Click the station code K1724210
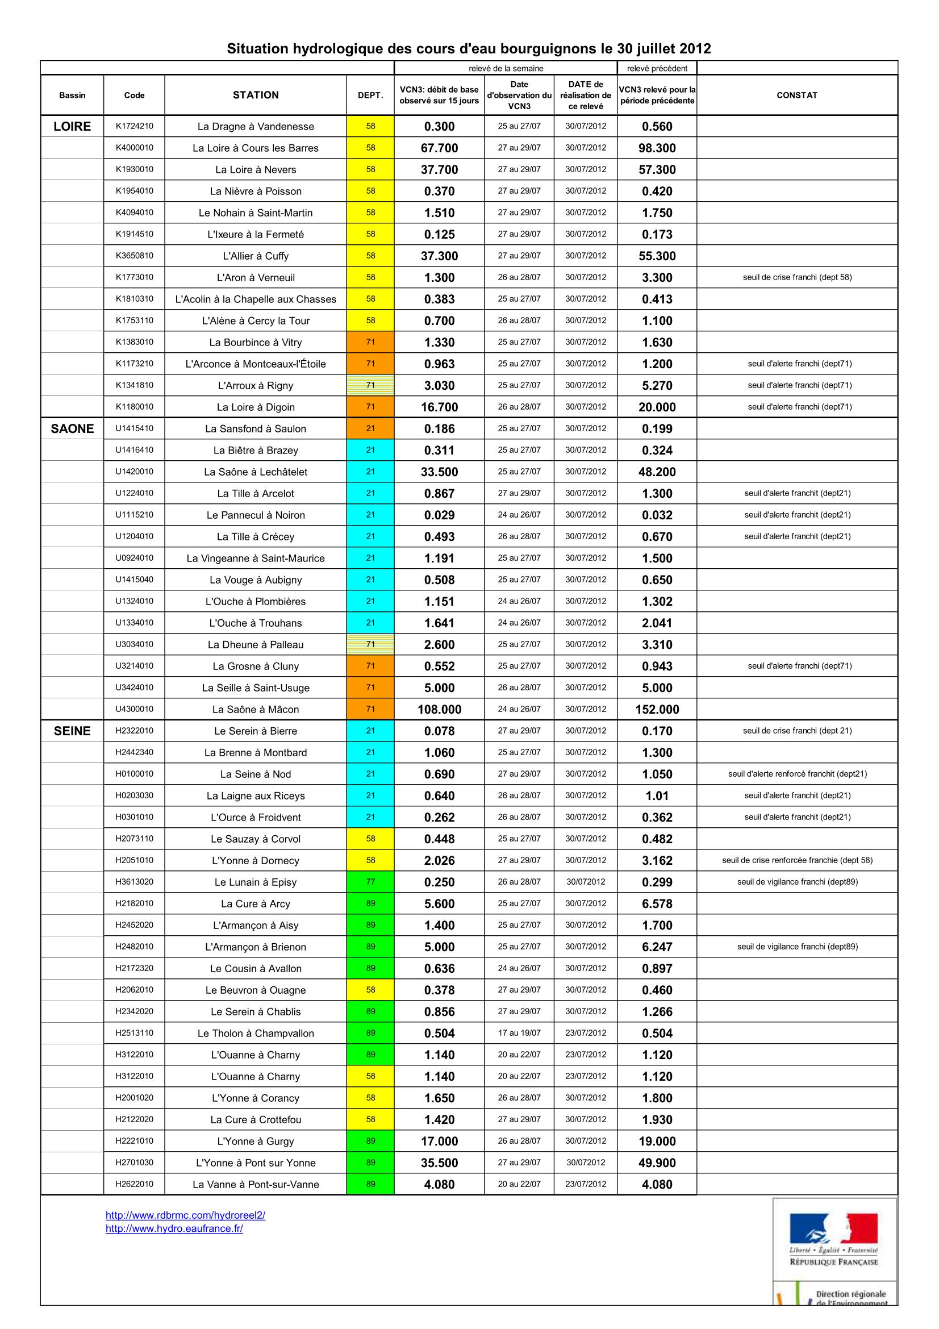[x=134, y=126]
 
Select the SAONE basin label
[x=72, y=429]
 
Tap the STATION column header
[x=256, y=95]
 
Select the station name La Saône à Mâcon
[x=256, y=710]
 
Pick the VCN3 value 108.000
[x=439, y=710]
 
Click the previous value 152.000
[x=657, y=710]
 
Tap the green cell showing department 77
[x=370, y=882]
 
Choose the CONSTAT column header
[x=796, y=95]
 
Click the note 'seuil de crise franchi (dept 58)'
[x=796, y=277]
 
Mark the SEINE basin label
[x=72, y=731]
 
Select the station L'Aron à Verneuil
[x=256, y=278]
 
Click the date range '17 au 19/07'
[x=519, y=1033]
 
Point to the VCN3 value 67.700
[x=439, y=148]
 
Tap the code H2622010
[x=134, y=1184]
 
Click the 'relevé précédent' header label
[x=657, y=68]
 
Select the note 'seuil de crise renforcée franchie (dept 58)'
[x=796, y=860]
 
